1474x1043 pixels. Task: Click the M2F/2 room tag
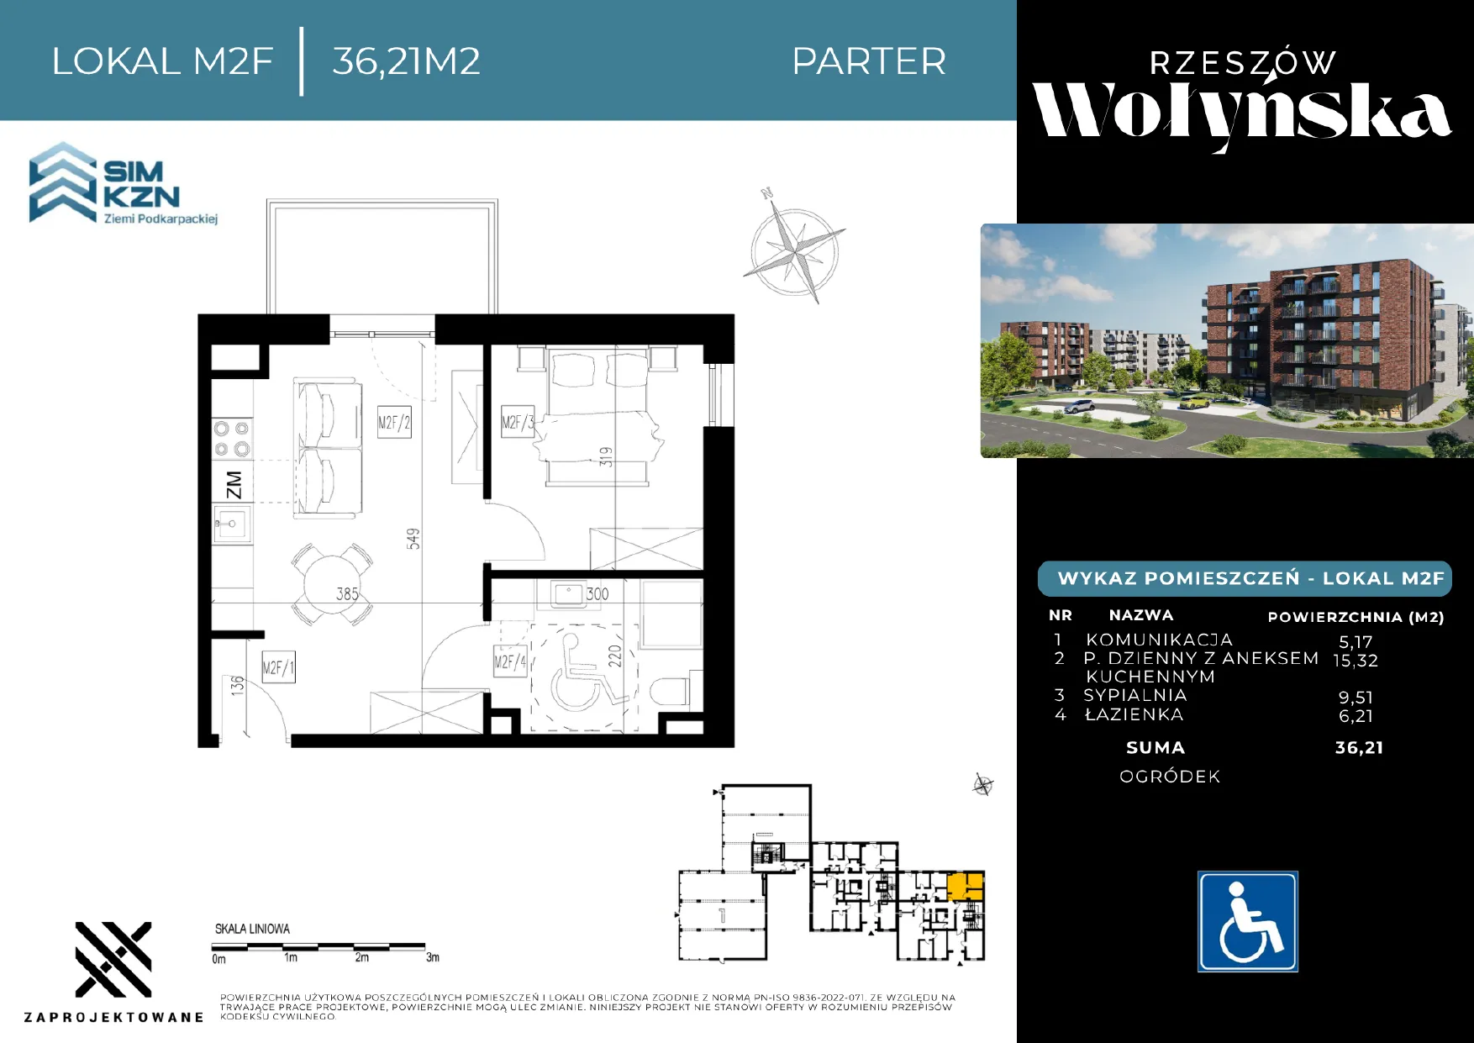click(394, 423)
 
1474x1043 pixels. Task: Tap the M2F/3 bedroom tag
click(517, 422)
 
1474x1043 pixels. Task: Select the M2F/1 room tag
click(278, 668)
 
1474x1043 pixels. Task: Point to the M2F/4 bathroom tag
click(510, 661)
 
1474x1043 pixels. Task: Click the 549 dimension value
click(413, 539)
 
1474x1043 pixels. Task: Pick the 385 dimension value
click(348, 594)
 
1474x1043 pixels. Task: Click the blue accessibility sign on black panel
click(1248, 922)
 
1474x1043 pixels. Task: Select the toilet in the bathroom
click(670, 692)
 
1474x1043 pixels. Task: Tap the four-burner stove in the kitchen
click(232, 439)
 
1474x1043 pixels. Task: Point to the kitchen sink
click(232, 524)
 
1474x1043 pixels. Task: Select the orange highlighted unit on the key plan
click(966, 887)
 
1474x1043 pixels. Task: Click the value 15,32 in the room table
click(1356, 661)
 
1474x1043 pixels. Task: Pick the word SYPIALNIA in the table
click(1135, 695)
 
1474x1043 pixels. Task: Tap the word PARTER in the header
click(869, 61)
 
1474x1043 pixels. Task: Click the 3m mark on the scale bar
click(432, 957)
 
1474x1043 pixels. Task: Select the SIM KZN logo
click(124, 184)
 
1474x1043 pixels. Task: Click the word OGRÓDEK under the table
click(1170, 777)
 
